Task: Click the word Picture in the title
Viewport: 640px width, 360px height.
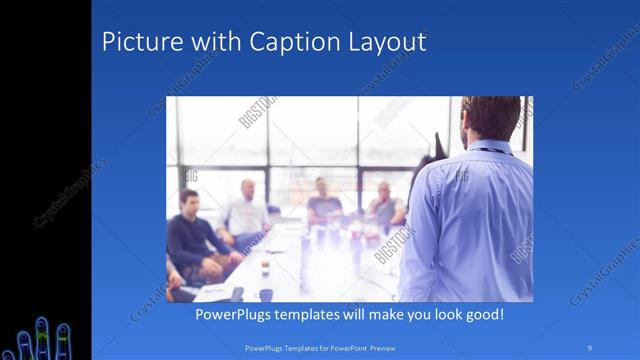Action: click(140, 42)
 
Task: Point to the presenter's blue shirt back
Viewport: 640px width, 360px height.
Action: click(470, 220)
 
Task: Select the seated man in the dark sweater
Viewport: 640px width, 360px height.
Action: click(190, 235)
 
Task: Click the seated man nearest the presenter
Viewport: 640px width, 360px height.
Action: click(384, 205)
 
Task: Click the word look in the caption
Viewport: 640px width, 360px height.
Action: click(441, 314)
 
